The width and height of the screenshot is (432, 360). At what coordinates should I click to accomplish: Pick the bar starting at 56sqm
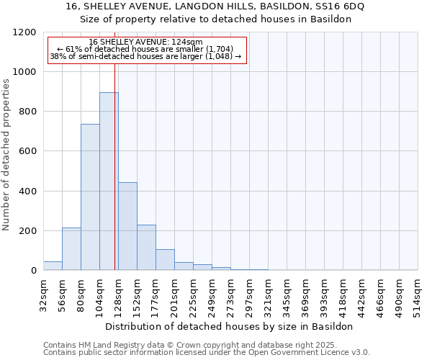pyautogui.click(x=71, y=249)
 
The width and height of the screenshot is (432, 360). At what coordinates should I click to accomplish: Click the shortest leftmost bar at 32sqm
pyautogui.click(x=53, y=266)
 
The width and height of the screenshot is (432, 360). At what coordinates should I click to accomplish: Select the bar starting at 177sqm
pyautogui.click(x=165, y=260)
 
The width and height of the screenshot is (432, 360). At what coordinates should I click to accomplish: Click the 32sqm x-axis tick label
pyautogui.click(x=43, y=294)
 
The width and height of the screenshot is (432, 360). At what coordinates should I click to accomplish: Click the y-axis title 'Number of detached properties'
pyautogui.click(x=6, y=156)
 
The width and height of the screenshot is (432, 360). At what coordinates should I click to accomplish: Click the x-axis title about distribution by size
pyautogui.click(x=230, y=326)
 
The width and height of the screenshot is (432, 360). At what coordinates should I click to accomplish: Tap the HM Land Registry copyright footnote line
pyautogui.click(x=205, y=345)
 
